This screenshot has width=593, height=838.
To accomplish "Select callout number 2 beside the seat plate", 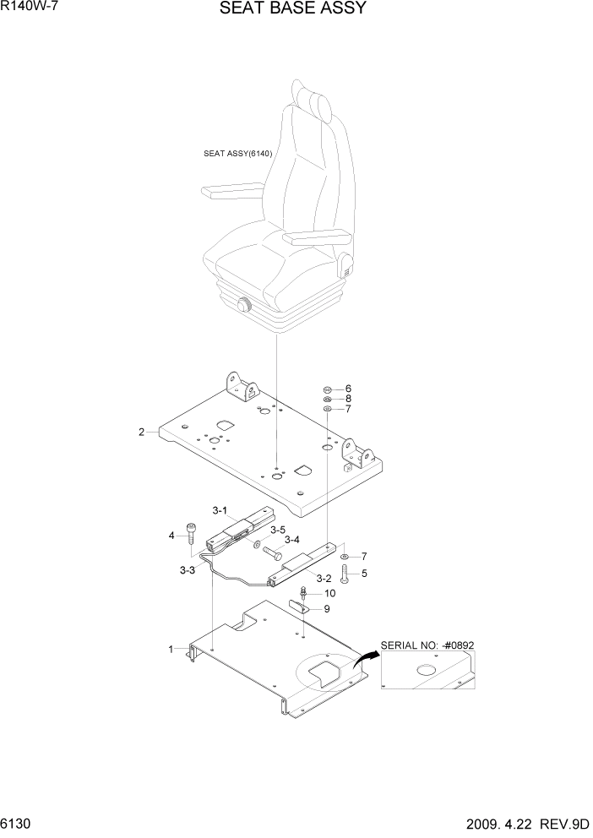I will [x=142, y=433].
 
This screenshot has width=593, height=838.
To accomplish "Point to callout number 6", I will [x=347, y=389].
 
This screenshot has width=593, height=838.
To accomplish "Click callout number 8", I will [x=347, y=399].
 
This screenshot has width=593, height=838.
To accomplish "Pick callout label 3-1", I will [x=220, y=510].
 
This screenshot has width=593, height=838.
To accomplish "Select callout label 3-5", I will [x=278, y=530].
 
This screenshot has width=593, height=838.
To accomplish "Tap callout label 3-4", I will [x=292, y=540].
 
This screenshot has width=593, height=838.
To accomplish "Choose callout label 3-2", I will [x=323, y=579].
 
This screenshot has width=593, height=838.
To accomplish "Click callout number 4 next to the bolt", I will [x=171, y=535].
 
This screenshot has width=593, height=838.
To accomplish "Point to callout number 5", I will [x=364, y=574].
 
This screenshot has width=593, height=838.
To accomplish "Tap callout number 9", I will [x=327, y=608].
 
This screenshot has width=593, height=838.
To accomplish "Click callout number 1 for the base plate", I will [x=171, y=649].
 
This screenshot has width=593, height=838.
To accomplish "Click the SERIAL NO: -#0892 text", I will [x=428, y=645].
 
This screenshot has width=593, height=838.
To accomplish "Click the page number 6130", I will [x=18, y=822].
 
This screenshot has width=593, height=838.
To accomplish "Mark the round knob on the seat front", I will [x=243, y=307].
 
